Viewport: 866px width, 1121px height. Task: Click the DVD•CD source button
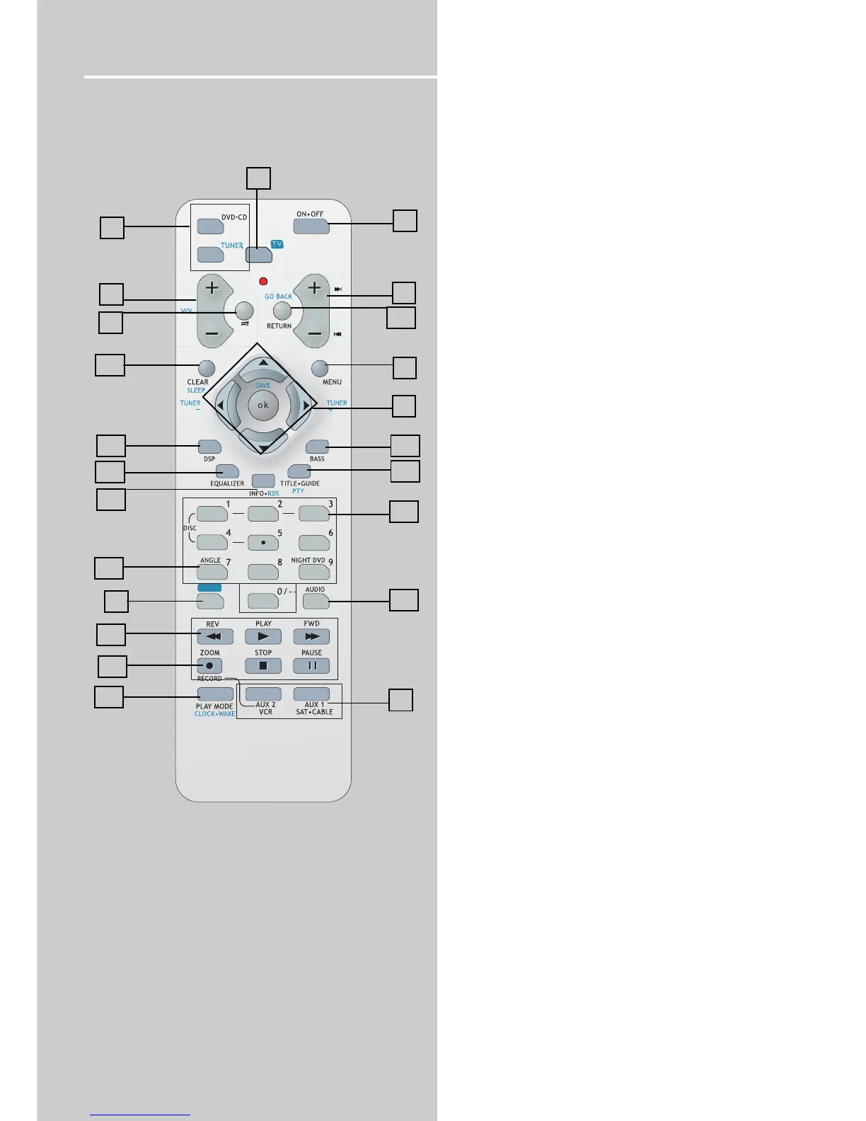(210, 226)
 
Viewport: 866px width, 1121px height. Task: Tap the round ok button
(263, 406)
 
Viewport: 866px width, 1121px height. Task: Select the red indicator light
(263, 281)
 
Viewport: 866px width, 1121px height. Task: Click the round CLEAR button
(206, 368)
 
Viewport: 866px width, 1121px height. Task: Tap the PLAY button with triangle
(263, 636)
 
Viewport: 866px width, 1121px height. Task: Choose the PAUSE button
(311, 666)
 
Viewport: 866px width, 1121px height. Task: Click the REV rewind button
(215, 636)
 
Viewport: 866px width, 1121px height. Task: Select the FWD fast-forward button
(311, 636)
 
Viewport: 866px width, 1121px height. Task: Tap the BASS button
(317, 447)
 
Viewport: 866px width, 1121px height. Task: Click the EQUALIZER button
(228, 471)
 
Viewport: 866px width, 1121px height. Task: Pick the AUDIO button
(316, 601)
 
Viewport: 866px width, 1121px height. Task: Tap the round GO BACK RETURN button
(282, 310)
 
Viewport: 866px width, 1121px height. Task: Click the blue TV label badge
(277, 244)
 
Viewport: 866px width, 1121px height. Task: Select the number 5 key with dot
(263, 543)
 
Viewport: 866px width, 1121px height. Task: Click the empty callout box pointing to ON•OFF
(405, 221)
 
